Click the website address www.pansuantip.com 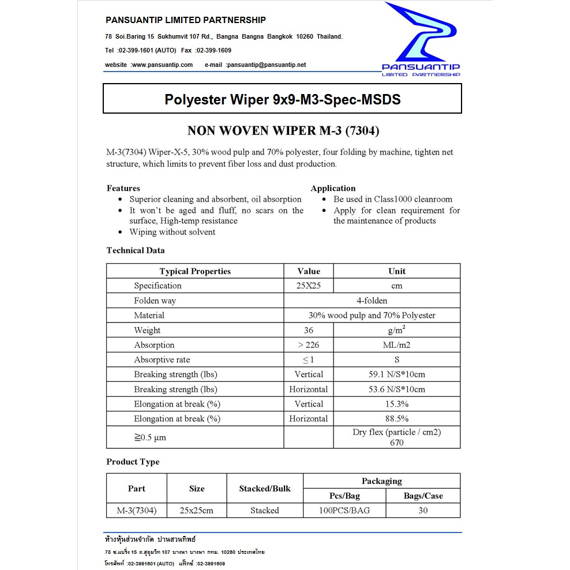coord(162,65)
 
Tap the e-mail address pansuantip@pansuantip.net coord(266,65)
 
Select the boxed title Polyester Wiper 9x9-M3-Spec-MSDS coord(282,99)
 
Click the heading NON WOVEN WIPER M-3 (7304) coord(283,131)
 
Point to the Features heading coord(123,188)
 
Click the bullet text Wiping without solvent coord(172,232)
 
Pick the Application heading coord(333,188)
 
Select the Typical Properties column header coord(195,271)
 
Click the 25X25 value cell coord(309,286)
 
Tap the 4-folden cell coord(372,301)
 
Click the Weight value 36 coord(309,330)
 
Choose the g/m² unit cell coord(397,330)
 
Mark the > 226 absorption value coord(309,345)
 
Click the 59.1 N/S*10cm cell coord(397,374)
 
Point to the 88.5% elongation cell coord(397,419)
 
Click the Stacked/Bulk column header coord(265,489)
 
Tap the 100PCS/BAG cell coord(344,511)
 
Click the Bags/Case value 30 coord(423,511)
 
